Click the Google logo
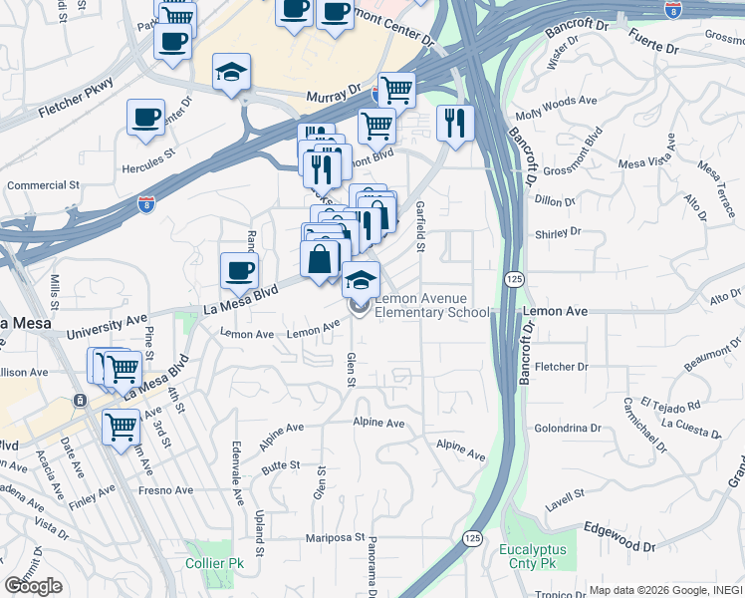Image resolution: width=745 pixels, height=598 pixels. pos(33,586)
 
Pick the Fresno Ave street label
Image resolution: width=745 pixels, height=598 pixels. pos(166,490)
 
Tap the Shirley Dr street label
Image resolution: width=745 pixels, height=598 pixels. pos(558,232)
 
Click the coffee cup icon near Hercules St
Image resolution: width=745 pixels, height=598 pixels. pos(145,118)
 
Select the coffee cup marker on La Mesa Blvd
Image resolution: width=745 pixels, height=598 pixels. pos(239,270)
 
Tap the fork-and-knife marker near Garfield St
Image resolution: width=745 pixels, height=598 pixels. pos(454,124)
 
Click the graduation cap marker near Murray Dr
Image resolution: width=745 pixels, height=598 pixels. pos(231,73)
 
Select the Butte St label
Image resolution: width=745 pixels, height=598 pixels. pos(281,465)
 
